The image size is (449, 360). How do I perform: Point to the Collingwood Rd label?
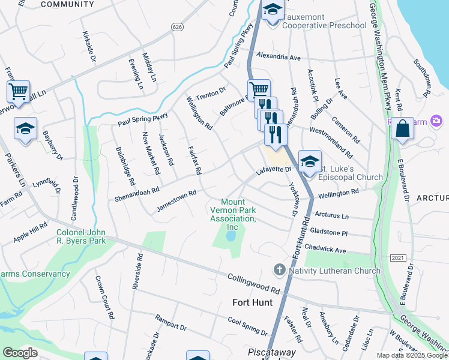click(x=254, y=284)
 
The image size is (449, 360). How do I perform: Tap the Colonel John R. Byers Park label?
click(x=81, y=236)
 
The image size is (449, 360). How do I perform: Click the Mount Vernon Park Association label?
click(x=233, y=214)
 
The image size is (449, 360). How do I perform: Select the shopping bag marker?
click(x=402, y=128)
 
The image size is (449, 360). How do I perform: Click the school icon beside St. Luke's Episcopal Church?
click(x=310, y=161)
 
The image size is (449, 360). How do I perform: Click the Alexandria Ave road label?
click(x=278, y=57)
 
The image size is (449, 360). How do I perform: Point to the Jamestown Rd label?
click(x=176, y=201)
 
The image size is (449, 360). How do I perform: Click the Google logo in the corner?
click(x=20, y=353)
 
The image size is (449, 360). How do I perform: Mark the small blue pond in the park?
click(x=230, y=237)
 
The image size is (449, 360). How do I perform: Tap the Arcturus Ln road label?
click(x=332, y=215)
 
